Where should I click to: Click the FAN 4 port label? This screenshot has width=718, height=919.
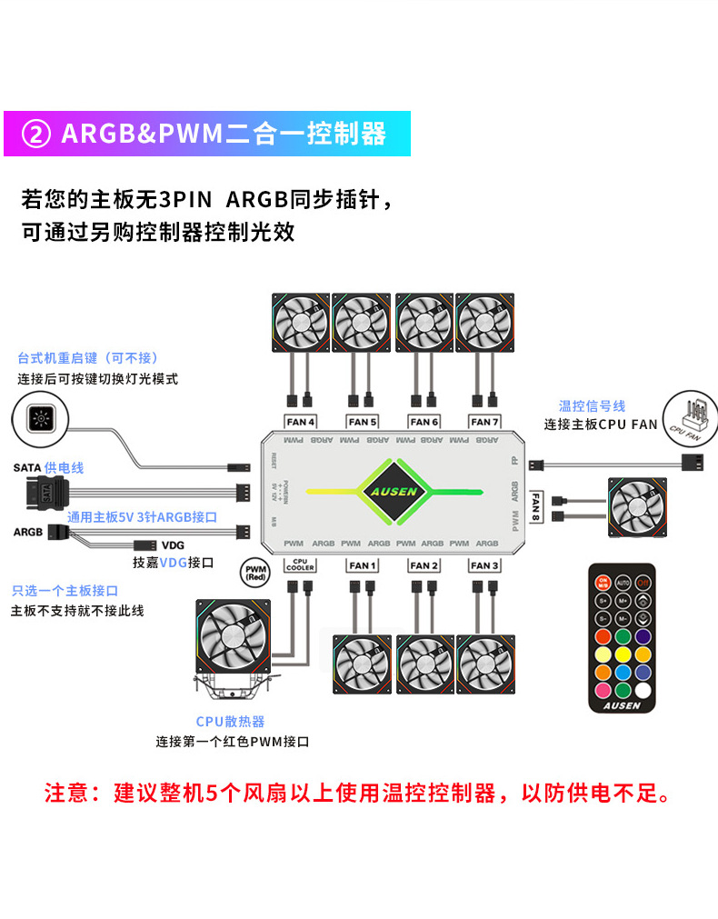coord(301,422)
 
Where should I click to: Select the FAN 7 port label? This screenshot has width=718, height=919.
coord(484,422)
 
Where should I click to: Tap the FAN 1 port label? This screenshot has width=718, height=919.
coord(363,565)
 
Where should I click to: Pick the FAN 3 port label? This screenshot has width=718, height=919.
coord(484,565)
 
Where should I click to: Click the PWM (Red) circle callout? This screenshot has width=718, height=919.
coord(255,573)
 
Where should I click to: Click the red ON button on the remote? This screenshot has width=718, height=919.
coord(603,582)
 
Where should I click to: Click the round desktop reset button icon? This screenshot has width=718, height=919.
coord(41,419)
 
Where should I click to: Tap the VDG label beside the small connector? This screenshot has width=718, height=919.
coord(173,545)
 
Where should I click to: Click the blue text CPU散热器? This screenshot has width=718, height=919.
coord(230,721)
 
